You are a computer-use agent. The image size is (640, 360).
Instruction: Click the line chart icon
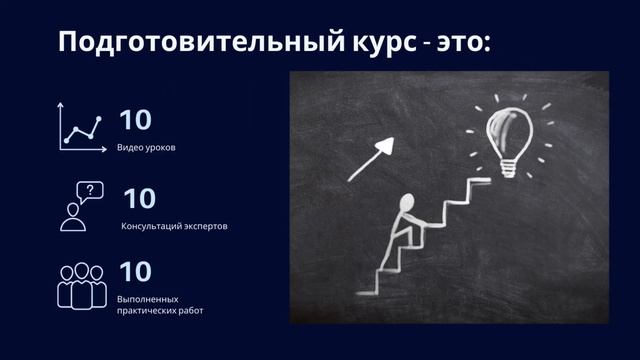click(81, 127)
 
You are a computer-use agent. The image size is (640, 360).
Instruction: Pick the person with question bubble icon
click(81, 207)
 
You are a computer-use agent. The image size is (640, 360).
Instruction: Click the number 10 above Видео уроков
click(135, 120)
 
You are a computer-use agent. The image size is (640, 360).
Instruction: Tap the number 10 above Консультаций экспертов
click(139, 198)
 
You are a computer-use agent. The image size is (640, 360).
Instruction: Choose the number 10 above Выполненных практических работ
click(135, 272)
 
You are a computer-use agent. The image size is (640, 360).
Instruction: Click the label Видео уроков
click(146, 148)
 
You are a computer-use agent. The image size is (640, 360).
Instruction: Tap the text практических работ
click(160, 311)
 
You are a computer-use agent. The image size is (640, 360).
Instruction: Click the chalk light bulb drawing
click(508, 136)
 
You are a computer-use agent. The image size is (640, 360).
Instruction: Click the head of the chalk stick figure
click(407, 203)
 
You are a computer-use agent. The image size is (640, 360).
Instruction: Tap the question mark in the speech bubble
click(90, 190)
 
